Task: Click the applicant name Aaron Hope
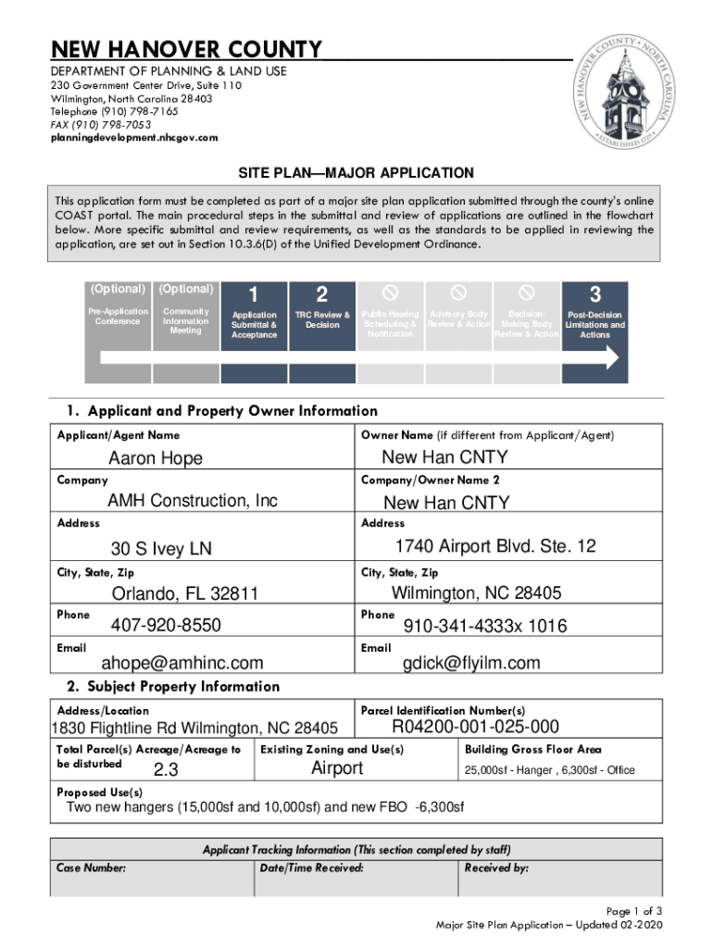point(156,458)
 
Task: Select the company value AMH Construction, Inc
point(193,501)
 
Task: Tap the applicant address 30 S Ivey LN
point(161,549)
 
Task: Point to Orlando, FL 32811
point(185,593)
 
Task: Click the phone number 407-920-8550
point(166,626)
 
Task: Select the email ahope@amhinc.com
point(182,663)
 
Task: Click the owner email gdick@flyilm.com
point(471,663)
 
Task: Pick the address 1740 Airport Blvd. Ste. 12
point(495,546)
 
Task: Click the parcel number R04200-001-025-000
point(476,726)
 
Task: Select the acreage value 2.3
point(166,770)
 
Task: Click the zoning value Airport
point(337,768)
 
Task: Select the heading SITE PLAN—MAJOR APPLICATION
point(356,173)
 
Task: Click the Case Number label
point(92,867)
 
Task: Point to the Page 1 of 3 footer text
point(634,911)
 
